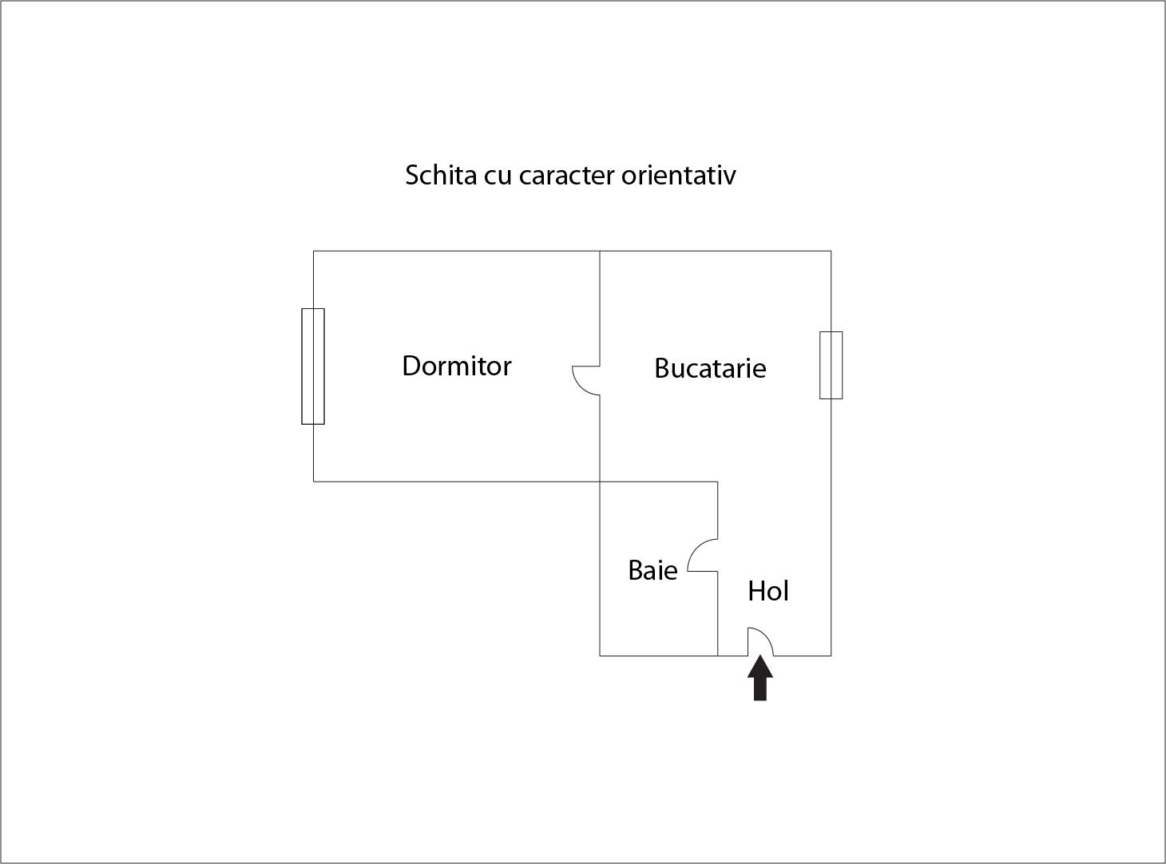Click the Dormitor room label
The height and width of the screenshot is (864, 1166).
pyautogui.click(x=456, y=366)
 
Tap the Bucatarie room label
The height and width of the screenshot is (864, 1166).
pyautogui.click(x=710, y=368)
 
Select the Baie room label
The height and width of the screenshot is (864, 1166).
pyautogui.click(x=652, y=570)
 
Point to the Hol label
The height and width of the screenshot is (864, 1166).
pyautogui.click(x=768, y=591)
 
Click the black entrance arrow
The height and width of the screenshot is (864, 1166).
pyautogui.click(x=760, y=678)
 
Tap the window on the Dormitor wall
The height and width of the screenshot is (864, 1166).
pyautogui.click(x=313, y=366)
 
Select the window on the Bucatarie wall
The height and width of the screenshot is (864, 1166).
pyautogui.click(x=831, y=365)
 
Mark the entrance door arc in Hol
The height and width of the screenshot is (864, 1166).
pyautogui.click(x=761, y=640)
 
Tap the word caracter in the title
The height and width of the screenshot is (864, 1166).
pyautogui.click(x=565, y=175)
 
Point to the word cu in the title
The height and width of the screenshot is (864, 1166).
pyautogui.click(x=497, y=176)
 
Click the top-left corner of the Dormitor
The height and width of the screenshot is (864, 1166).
pyautogui.click(x=313, y=252)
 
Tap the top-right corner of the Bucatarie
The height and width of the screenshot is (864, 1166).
pyautogui.click(x=831, y=252)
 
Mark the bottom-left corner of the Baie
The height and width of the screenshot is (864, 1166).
pyautogui.click(x=600, y=656)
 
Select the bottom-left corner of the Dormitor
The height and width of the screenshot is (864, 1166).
pyautogui.click(x=313, y=482)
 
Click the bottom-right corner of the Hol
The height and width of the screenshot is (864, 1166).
pyautogui.click(x=831, y=656)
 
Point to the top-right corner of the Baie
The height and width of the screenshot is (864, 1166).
pyautogui.click(x=717, y=482)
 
